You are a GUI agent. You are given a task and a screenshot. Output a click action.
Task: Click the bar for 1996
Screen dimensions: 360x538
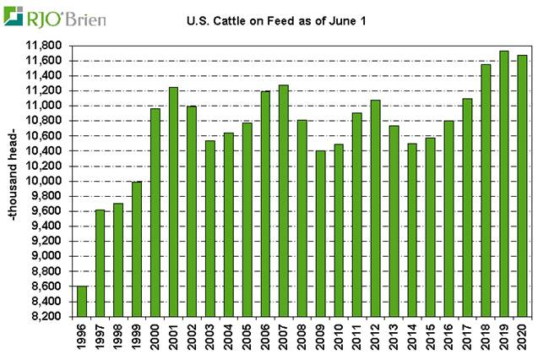coord(82,301)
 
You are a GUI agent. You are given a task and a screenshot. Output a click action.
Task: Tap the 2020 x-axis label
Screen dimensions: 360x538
coord(523,337)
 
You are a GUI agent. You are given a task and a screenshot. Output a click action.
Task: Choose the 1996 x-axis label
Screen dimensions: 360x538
coord(83,337)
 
